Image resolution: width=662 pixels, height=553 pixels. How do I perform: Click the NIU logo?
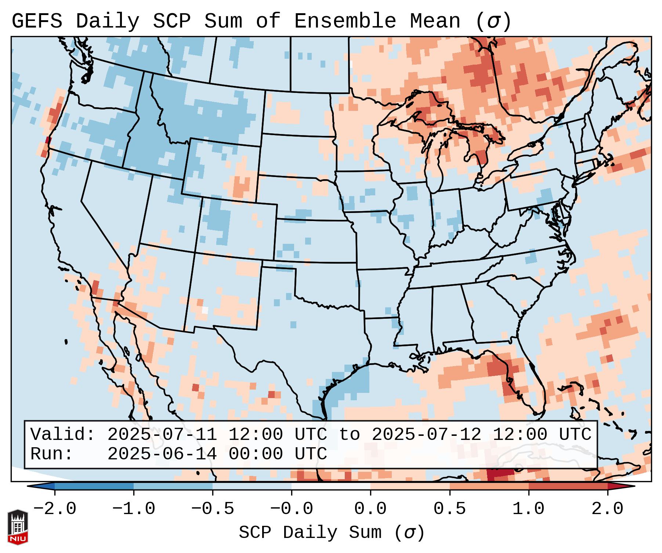point(18,527)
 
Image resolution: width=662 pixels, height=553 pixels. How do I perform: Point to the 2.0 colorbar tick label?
point(607,509)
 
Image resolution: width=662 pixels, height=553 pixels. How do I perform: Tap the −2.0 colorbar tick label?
point(55,509)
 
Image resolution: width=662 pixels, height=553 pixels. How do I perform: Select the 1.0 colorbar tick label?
point(528,509)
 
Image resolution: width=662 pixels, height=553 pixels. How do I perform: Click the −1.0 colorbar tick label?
point(134,509)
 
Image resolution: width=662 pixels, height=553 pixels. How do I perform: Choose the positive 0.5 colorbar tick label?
point(449,509)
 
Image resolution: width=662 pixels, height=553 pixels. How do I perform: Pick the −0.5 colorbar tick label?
point(213,509)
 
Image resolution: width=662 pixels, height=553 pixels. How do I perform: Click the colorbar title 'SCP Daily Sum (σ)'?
point(332,532)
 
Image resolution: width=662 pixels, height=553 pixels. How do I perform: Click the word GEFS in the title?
point(37,21)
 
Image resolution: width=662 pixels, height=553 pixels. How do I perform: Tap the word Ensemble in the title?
point(345,21)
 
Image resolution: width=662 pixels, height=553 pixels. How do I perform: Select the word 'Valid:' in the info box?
point(63,434)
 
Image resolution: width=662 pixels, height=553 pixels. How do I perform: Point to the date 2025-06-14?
point(162,454)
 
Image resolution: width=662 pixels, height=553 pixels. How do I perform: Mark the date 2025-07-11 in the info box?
point(162,434)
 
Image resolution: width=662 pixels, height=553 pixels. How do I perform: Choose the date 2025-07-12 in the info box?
point(426,434)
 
